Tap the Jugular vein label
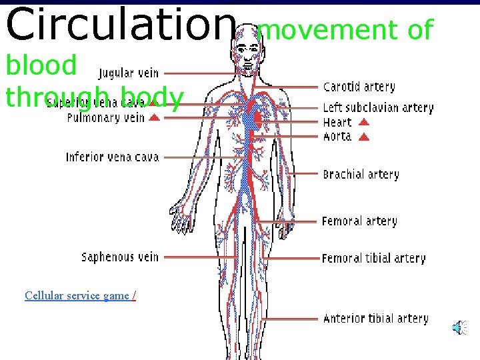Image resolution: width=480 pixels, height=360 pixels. [129, 73]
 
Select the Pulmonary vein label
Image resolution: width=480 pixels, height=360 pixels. [105, 118]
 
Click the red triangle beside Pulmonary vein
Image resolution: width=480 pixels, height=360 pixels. [154, 118]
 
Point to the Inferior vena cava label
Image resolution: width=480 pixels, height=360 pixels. [112, 157]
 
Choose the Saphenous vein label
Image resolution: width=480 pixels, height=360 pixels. [120, 257]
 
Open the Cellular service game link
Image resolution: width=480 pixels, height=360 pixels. [77, 295]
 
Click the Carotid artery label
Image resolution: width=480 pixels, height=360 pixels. [359, 87]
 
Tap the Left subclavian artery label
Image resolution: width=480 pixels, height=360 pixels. [378, 107]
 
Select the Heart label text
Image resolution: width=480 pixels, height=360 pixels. [337, 122]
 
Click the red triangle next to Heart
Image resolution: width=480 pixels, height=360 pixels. [364, 122]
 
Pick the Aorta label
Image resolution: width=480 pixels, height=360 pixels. [337, 136]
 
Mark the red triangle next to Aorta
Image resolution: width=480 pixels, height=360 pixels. [364, 137]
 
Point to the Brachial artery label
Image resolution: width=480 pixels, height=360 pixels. [361, 175]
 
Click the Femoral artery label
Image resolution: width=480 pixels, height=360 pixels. [359, 221]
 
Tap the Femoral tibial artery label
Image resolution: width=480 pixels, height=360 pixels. [373, 258]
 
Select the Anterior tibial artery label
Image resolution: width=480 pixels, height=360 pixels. [375, 318]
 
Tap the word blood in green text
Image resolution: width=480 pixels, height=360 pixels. [41, 65]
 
